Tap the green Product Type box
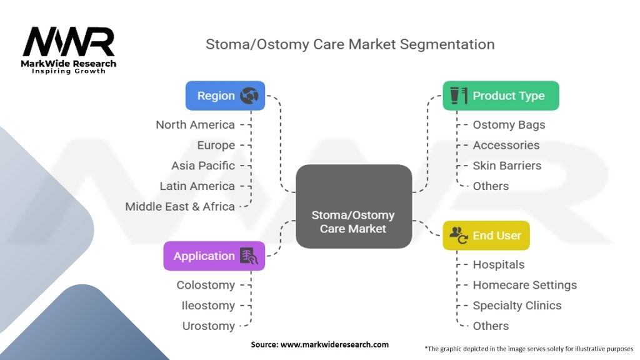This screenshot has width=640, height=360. pos(501,96)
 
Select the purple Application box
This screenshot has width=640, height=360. pos(214,256)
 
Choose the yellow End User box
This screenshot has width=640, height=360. pos(486,236)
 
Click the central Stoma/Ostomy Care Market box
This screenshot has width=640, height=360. pos(353,206)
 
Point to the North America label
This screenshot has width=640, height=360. pos(195,125)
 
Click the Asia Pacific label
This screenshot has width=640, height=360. pos(203,166)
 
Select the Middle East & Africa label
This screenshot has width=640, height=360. pos(180,206)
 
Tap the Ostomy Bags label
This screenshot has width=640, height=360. pos(509,125)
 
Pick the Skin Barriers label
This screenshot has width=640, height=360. pos(507,166)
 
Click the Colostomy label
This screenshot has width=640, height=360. pos(206,285)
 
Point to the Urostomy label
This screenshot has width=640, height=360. pos(209,326)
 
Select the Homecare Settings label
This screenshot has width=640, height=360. pos(524,285)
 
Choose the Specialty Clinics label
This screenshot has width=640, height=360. pos(517,306)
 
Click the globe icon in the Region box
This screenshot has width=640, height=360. pos(249,96)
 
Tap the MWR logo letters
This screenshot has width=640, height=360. pos(69,42)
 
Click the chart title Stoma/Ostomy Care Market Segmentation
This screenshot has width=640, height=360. pos(350,44)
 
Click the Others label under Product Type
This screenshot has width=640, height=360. pos(491,186)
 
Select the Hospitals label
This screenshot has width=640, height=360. pos(498,265)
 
